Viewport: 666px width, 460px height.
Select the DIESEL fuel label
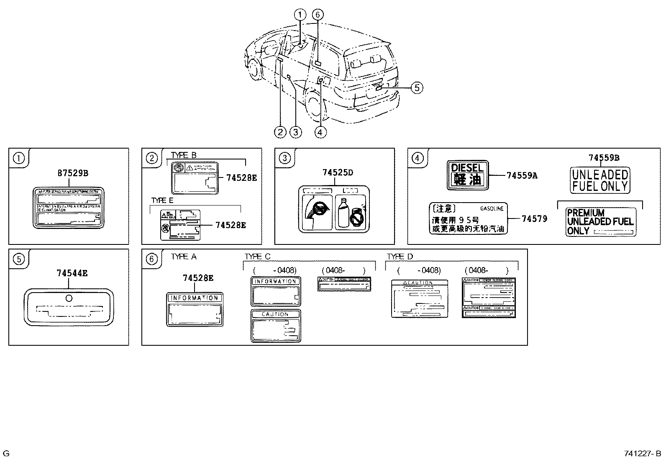point(467,175)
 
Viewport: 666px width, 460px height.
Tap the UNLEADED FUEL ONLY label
point(600,180)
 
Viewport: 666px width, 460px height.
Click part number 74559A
point(521,176)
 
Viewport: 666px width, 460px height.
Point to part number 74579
point(534,218)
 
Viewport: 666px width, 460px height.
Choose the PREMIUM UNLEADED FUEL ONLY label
point(600,222)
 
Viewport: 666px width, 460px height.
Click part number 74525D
point(338,172)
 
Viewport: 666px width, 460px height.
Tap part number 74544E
point(72,273)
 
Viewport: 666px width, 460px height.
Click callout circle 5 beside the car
point(417,87)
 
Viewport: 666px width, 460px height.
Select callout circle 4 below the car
point(320,132)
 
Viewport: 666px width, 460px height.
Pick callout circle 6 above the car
point(317,15)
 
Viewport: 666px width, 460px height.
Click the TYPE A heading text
point(184,257)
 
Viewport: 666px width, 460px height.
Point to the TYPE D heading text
point(400,257)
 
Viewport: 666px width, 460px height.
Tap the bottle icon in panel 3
point(344,213)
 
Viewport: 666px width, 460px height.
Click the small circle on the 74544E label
point(69,298)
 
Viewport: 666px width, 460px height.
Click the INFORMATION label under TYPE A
point(195,309)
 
